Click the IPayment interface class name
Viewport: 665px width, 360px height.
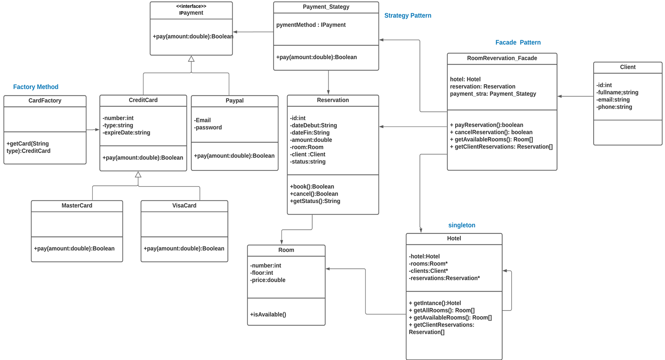click(x=191, y=13)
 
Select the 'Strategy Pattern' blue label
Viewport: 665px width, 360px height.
click(x=407, y=15)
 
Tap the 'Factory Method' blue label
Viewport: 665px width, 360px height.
click(x=35, y=87)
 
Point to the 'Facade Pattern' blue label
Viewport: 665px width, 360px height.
click(x=518, y=42)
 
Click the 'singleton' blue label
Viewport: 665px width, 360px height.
click(x=461, y=225)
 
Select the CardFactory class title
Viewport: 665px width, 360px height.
click(x=45, y=101)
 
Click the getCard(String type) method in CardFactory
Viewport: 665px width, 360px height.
click(x=28, y=147)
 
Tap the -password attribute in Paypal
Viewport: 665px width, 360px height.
click(x=208, y=128)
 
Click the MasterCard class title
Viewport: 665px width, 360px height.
click(x=77, y=205)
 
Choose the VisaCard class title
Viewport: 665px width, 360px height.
click(x=184, y=205)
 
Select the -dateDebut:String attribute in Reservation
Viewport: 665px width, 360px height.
click(x=313, y=125)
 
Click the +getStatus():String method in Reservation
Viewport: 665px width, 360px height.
click(x=315, y=201)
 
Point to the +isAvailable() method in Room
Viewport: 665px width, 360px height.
click(x=268, y=314)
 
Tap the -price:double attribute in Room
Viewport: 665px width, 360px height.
click(x=267, y=280)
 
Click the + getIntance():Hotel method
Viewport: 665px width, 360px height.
click(x=435, y=303)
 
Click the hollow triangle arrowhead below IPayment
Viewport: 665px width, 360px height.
click(x=191, y=59)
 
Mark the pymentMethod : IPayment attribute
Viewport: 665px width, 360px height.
click(x=311, y=25)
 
